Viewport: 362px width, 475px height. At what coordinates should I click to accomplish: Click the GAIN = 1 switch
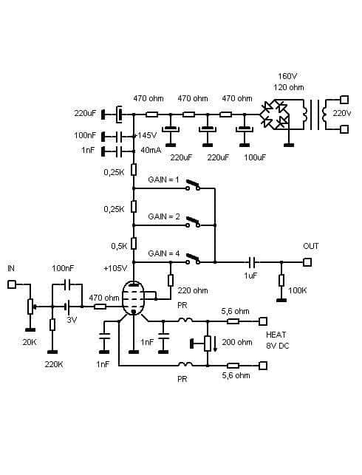click(x=193, y=185)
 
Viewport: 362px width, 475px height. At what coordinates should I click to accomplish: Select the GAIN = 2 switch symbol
click(x=193, y=222)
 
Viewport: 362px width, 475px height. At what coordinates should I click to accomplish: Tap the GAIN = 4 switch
click(x=193, y=259)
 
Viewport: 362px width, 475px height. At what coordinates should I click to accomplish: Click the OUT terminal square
click(x=307, y=262)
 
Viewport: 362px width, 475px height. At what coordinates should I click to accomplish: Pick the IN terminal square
click(x=12, y=284)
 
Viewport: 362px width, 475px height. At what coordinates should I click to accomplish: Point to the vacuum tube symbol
click(x=134, y=298)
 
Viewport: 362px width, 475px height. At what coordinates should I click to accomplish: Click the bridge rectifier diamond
click(x=274, y=115)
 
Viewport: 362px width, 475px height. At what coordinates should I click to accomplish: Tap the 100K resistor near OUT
click(x=281, y=280)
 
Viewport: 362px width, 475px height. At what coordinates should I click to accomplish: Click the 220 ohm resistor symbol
click(x=171, y=280)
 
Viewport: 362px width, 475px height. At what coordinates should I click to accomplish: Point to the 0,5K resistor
click(x=134, y=244)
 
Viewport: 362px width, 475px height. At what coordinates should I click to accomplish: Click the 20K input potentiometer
click(x=30, y=307)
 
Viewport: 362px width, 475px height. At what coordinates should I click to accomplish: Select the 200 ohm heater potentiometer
click(x=208, y=344)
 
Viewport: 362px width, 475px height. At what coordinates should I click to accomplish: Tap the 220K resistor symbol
click(x=52, y=325)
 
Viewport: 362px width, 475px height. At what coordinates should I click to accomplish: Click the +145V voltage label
click(x=146, y=135)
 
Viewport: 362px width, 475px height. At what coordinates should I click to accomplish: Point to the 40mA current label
click(x=151, y=150)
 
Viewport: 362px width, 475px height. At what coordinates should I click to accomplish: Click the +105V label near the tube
click(x=115, y=268)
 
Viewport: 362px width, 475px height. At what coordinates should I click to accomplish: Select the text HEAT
click(x=276, y=335)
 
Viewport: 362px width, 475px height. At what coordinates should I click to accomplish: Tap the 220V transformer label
click(x=342, y=113)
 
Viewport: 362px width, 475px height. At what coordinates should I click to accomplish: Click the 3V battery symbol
click(x=67, y=307)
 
